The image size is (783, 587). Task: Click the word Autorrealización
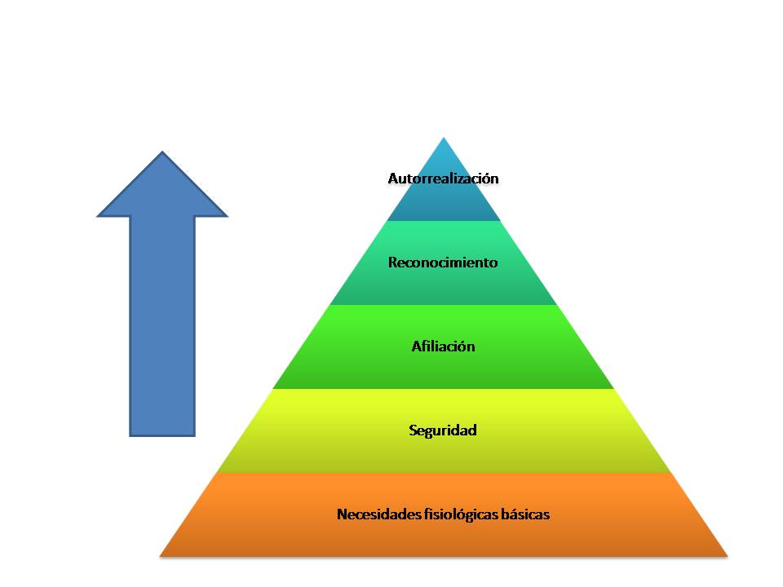[x=443, y=178]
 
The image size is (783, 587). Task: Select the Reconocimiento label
[x=443, y=263]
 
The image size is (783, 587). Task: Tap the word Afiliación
[x=443, y=346]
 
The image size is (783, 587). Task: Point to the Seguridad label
[x=443, y=430]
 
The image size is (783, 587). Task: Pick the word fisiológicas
[x=460, y=514]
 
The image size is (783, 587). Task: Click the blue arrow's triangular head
[x=162, y=192]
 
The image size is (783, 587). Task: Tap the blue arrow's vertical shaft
[x=162, y=326]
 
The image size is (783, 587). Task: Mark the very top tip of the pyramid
[x=443, y=138]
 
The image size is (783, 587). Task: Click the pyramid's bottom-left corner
[x=161, y=556]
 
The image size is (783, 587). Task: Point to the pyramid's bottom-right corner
[x=726, y=556]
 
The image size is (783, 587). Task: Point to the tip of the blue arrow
[x=162, y=152]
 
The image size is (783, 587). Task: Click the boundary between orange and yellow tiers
[x=443, y=473]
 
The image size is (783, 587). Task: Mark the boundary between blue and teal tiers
[x=443, y=221]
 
